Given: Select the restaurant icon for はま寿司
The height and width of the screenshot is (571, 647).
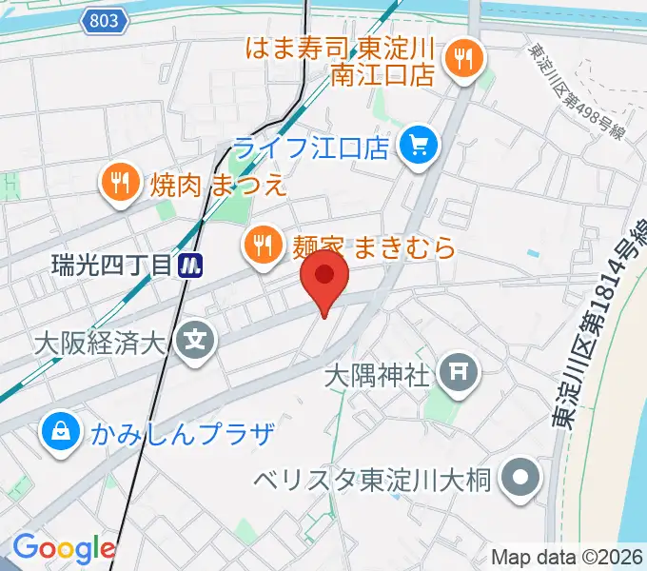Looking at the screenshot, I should tap(466, 60).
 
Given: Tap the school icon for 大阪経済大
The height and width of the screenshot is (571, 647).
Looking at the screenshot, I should tap(199, 337).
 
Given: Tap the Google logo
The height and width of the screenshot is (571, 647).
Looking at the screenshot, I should tap(64, 549).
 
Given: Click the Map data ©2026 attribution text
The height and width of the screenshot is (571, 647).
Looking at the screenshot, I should tap(566, 557).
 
